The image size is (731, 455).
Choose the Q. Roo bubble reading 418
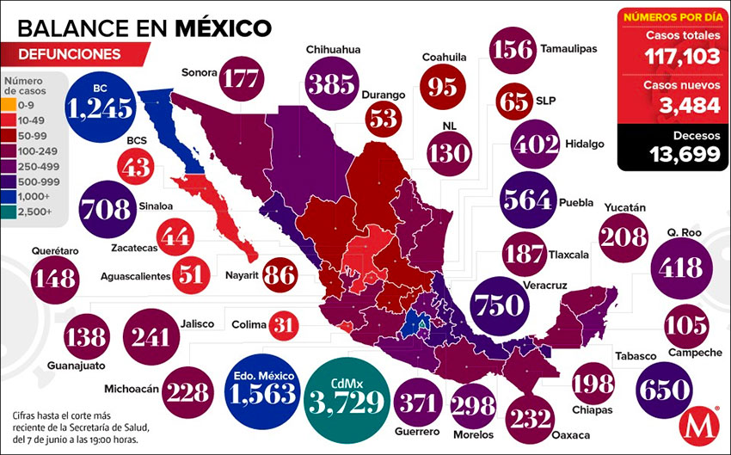click(x=679, y=267)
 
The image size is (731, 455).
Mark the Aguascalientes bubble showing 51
click(x=192, y=274)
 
